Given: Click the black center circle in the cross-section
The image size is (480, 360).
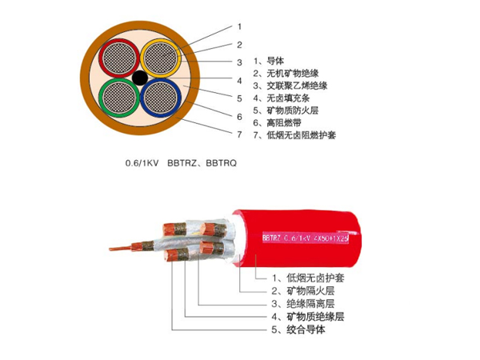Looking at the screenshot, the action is (x=140, y=78).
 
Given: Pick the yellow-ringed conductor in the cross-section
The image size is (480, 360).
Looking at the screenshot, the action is (x=161, y=58).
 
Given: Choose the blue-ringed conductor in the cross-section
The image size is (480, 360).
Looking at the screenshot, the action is (x=161, y=98).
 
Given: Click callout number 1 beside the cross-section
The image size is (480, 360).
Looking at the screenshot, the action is (x=240, y=27).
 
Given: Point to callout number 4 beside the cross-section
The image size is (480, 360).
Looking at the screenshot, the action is (x=240, y=81).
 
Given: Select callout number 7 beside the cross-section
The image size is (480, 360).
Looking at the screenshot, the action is (x=240, y=134).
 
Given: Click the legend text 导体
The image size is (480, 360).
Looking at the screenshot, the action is (x=275, y=61).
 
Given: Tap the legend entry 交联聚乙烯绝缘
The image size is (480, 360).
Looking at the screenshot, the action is (x=297, y=86).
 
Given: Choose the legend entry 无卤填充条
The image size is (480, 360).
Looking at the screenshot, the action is (x=288, y=98).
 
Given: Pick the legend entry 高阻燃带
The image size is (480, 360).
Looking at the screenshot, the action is (x=284, y=122).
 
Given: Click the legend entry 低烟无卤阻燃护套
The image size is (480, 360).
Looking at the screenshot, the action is (x=302, y=135).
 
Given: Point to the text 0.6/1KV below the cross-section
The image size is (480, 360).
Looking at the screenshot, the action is (x=142, y=163).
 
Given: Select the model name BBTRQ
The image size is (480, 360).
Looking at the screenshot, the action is (x=222, y=163).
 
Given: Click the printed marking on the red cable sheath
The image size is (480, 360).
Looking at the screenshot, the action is (x=306, y=238).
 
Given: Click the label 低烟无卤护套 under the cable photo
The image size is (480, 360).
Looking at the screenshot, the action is (x=315, y=278).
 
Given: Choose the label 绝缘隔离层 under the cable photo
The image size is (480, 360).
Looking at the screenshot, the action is (x=310, y=304).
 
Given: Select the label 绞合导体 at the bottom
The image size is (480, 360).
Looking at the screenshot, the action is (x=306, y=330).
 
